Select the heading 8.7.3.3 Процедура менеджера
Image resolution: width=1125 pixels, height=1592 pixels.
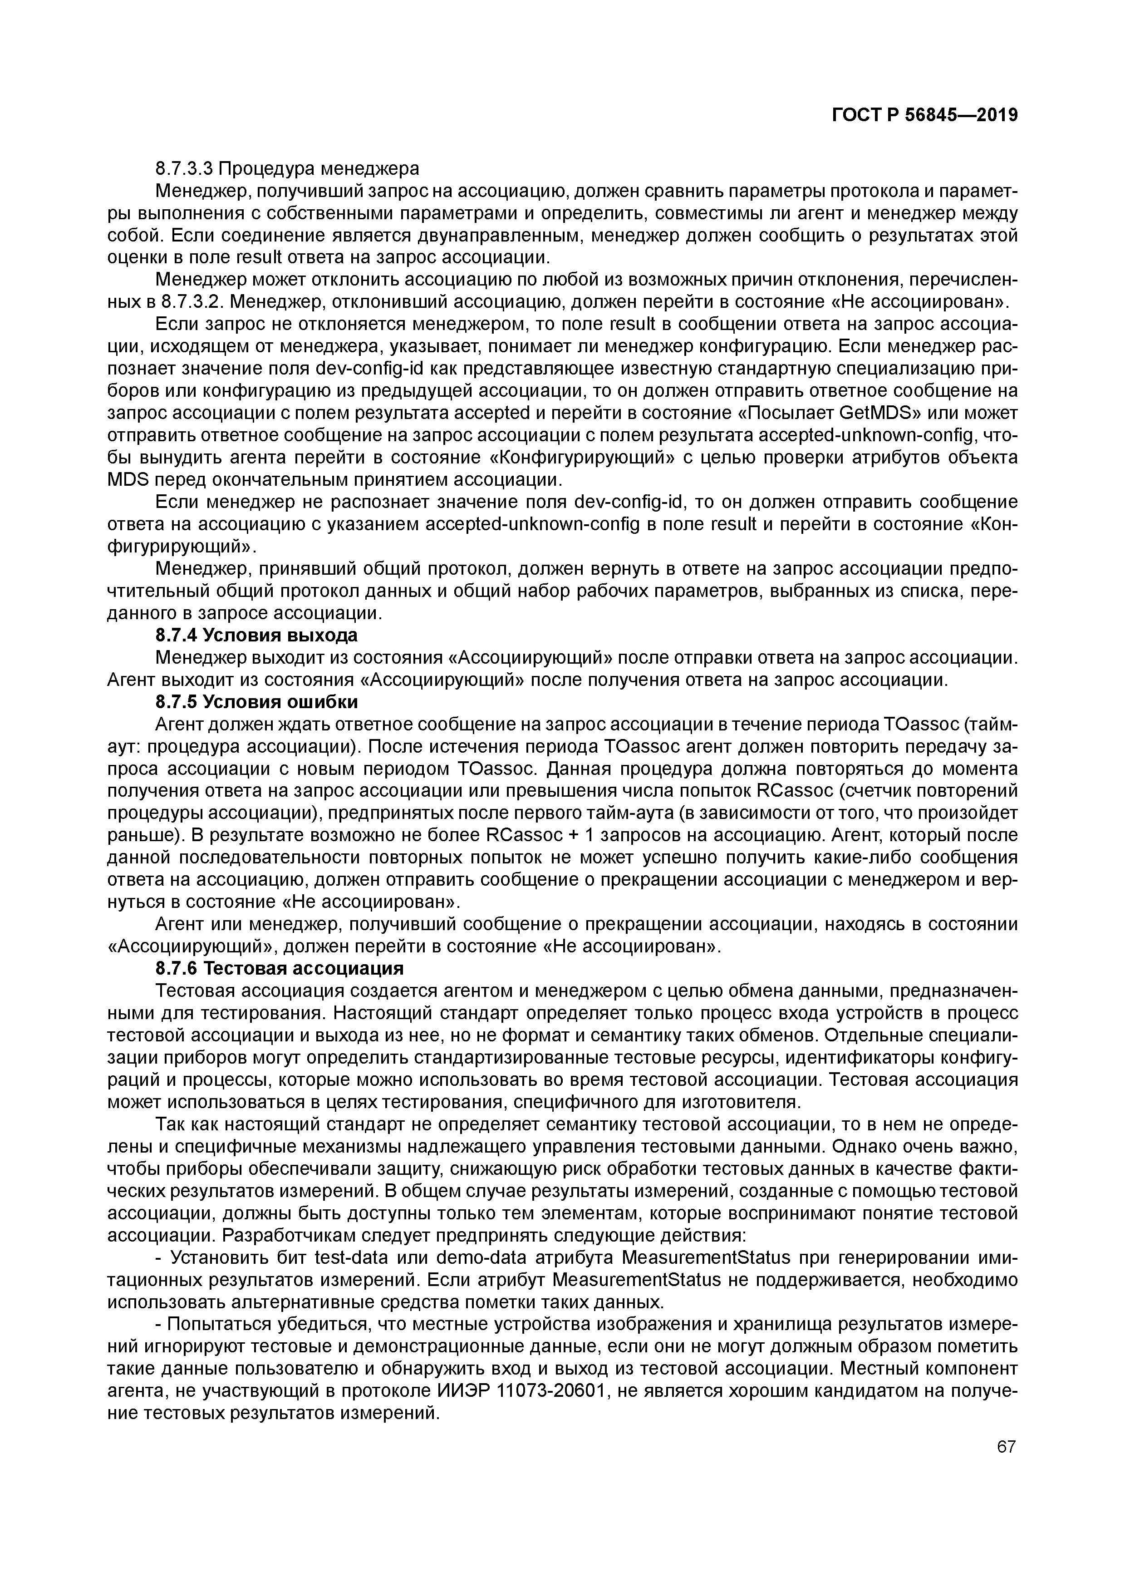coord(287,168)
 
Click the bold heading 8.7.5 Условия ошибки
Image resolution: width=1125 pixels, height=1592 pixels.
coord(256,702)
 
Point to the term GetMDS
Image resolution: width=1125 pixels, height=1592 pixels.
coord(879,413)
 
